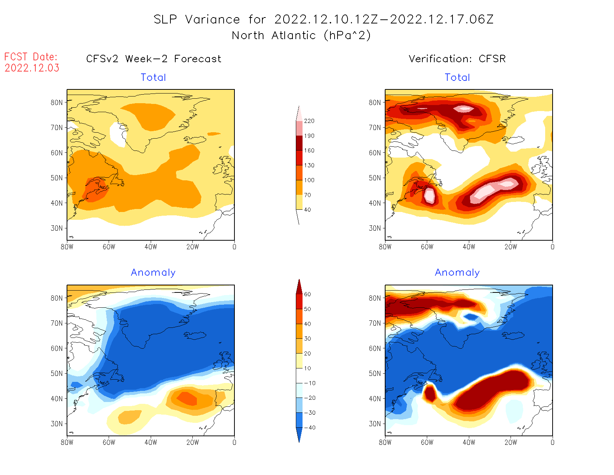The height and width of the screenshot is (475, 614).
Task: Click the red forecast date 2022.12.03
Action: click(x=32, y=68)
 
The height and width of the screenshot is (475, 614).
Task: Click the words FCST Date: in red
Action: click(x=31, y=57)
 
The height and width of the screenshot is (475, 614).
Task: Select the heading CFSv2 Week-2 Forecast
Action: click(x=154, y=59)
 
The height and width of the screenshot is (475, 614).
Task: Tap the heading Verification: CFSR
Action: click(x=457, y=59)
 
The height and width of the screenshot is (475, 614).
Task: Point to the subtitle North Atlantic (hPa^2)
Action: click(x=301, y=35)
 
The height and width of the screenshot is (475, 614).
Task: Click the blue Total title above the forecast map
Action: click(x=153, y=77)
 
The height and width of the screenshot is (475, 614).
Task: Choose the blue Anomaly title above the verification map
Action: click(x=457, y=273)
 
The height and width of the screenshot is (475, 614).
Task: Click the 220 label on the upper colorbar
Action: click(x=309, y=121)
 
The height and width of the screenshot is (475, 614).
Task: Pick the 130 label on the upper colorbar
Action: click(x=309, y=165)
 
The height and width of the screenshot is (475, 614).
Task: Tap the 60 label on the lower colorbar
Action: click(x=307, y=294)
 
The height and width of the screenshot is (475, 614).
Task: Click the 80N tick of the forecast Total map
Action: click(x=57, y=102)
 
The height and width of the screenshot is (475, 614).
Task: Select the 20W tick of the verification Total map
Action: click(x=511, y=247)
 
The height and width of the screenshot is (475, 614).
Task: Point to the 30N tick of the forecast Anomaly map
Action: click(x=57, y=424)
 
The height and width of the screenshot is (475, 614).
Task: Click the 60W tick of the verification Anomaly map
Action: click(x=427, y=442)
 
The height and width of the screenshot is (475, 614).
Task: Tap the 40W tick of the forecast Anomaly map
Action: click(x=151, y=442)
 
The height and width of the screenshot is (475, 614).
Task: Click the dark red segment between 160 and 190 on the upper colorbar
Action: click(x=299, y=143)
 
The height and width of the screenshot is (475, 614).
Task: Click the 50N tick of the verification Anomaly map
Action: click(x=375, y=373)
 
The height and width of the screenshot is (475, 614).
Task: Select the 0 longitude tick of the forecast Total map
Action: click(x=234, y=247)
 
